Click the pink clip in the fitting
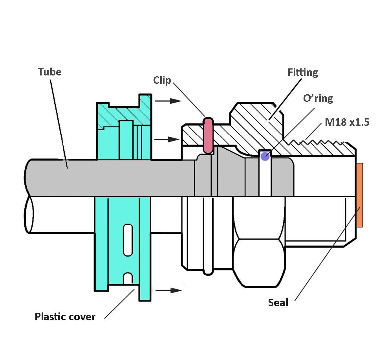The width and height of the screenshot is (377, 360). [208, 135]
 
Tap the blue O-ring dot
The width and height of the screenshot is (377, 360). [265, 156]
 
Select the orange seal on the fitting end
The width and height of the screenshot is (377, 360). [359, 195]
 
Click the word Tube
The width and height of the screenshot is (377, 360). [49, 72]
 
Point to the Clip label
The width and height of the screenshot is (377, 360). [162, 80]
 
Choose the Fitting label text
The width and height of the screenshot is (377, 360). [302, 72]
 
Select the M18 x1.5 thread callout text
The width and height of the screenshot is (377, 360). [347, 122]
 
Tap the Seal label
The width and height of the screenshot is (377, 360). [278, 302]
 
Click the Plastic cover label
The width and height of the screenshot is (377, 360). [65, 317]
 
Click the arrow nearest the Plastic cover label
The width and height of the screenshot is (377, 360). [168, 290]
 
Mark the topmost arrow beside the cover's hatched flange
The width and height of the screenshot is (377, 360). [168, 101]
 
